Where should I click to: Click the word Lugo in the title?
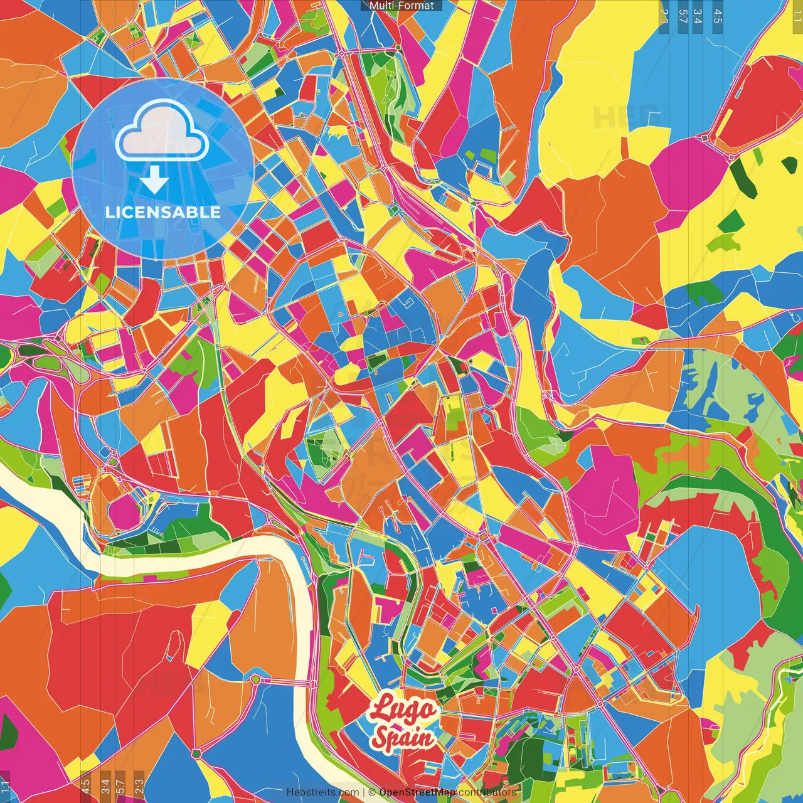[402, 710]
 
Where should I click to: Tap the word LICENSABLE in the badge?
[163, 212]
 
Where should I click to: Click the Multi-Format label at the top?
[401, 6]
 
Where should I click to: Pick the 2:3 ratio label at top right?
[664, 16]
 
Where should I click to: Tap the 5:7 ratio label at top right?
[683, 16]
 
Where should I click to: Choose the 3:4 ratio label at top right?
[698, 16]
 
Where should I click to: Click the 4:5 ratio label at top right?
[717, 16]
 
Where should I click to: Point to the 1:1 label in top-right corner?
[797, 13]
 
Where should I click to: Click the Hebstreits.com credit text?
[322, 792]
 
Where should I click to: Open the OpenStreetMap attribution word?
[417, 792]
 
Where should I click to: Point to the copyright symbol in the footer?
[371, 792]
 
